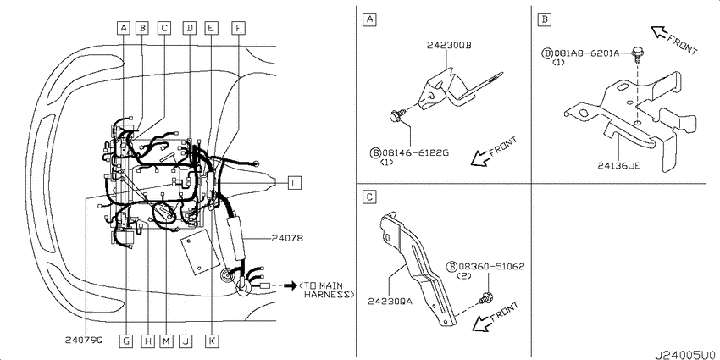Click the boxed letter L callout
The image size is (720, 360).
294,183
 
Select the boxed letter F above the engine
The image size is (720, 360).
238,28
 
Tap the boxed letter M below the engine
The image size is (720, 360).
166,341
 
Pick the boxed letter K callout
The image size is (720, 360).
212,341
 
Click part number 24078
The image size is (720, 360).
286,238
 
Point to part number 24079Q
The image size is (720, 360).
84,341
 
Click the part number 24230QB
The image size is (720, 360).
449,46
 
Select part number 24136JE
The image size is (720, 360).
619,166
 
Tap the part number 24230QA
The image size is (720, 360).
390,302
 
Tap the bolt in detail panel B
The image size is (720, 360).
636,54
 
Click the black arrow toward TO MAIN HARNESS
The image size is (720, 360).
291,285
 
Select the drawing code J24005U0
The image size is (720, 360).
686,355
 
